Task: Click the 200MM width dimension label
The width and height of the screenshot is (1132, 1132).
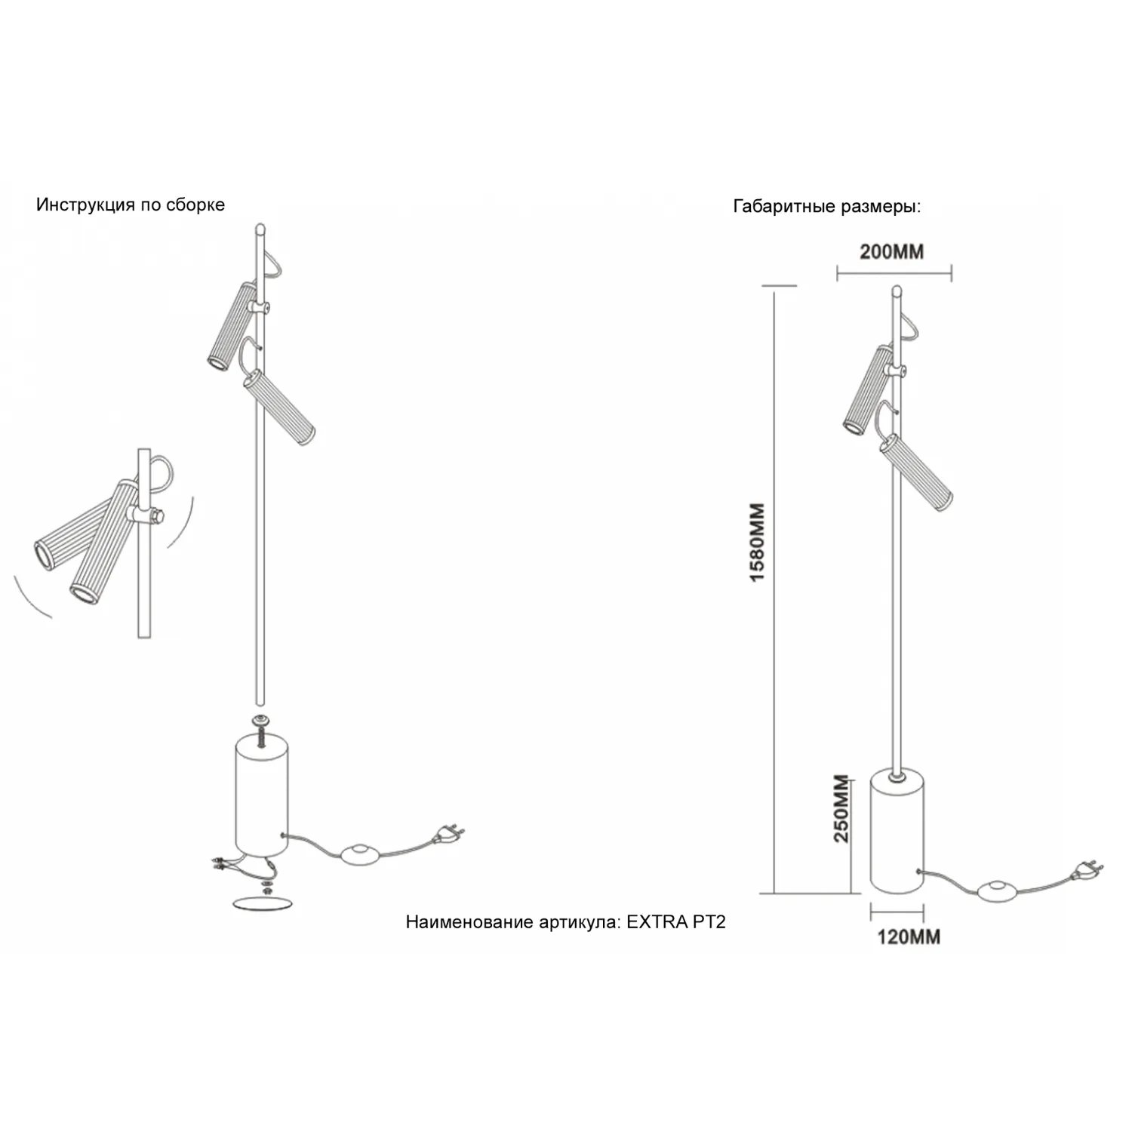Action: coord(891,252)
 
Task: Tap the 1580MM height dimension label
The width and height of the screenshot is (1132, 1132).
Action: coord(758,542)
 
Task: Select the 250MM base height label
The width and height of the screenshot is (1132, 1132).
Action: coord(841,809)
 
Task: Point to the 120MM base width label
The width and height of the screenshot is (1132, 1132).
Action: coord(909,937)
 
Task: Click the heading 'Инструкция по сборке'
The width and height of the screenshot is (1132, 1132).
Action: coord(131,205)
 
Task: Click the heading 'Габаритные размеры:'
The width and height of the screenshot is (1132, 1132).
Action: coord(827,207)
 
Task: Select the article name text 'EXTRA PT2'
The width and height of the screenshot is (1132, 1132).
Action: coord(676,921)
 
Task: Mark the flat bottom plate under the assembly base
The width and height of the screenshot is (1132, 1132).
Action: coord(262,903)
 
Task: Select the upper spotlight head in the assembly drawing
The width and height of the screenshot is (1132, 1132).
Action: coord(232,326)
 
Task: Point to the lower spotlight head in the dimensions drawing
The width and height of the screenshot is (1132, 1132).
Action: coord(915,471)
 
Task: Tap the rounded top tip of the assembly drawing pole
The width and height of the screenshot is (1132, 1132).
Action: coord(260,228)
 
